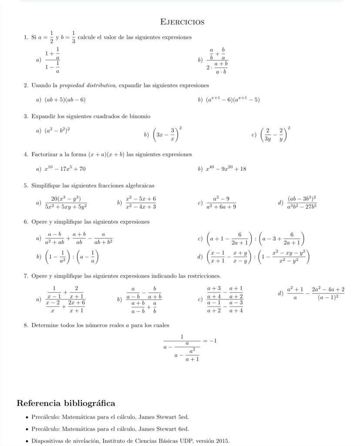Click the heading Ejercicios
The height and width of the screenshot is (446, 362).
182,22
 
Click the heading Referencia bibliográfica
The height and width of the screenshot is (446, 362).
66,402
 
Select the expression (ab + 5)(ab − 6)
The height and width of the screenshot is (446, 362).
65,99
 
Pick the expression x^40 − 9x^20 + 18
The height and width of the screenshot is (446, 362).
226,168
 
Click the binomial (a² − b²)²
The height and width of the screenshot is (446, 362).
58,130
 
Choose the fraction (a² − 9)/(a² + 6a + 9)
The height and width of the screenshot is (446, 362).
222,202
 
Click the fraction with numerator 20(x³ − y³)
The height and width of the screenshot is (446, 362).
66,202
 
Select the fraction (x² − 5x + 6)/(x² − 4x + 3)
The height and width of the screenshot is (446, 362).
141,202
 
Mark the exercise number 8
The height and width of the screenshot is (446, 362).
26,325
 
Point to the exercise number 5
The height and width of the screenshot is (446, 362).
26,185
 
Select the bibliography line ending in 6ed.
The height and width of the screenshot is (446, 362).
110,429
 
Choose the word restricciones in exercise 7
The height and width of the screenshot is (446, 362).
204,276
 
